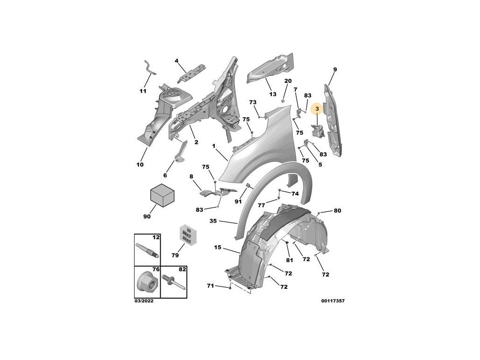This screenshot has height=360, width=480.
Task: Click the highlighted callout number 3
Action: [317, 109]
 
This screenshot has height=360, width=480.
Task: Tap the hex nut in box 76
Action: [147, 283]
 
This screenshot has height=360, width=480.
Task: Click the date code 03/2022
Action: [144, 301]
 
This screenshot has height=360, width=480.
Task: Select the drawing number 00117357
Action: [333, 301]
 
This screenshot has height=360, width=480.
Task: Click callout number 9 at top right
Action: [335, 69]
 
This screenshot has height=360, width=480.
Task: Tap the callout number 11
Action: [143, 91]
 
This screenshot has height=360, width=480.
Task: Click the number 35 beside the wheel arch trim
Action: [213, 221]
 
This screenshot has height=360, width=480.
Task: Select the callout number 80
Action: [337, 211]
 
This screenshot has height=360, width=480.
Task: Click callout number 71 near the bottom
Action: [210, 285]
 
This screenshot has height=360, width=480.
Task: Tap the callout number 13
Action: [272, 94]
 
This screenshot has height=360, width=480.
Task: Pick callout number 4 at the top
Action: [177, 60]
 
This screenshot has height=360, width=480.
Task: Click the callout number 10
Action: [140, 165]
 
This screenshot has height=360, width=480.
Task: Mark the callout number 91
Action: [238, 202]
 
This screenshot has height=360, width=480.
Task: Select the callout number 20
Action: [288, 81]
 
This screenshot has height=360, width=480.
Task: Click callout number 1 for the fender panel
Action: [213, 146]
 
